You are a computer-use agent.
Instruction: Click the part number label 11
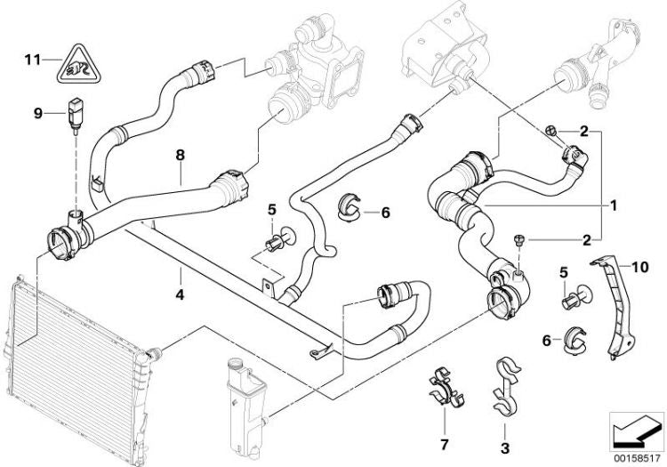[x=32, y=60]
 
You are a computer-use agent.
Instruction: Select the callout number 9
[x=38, y=113]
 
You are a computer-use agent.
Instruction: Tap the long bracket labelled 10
[x=615, y=307]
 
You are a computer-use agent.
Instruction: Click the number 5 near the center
[x=271, y=210]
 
